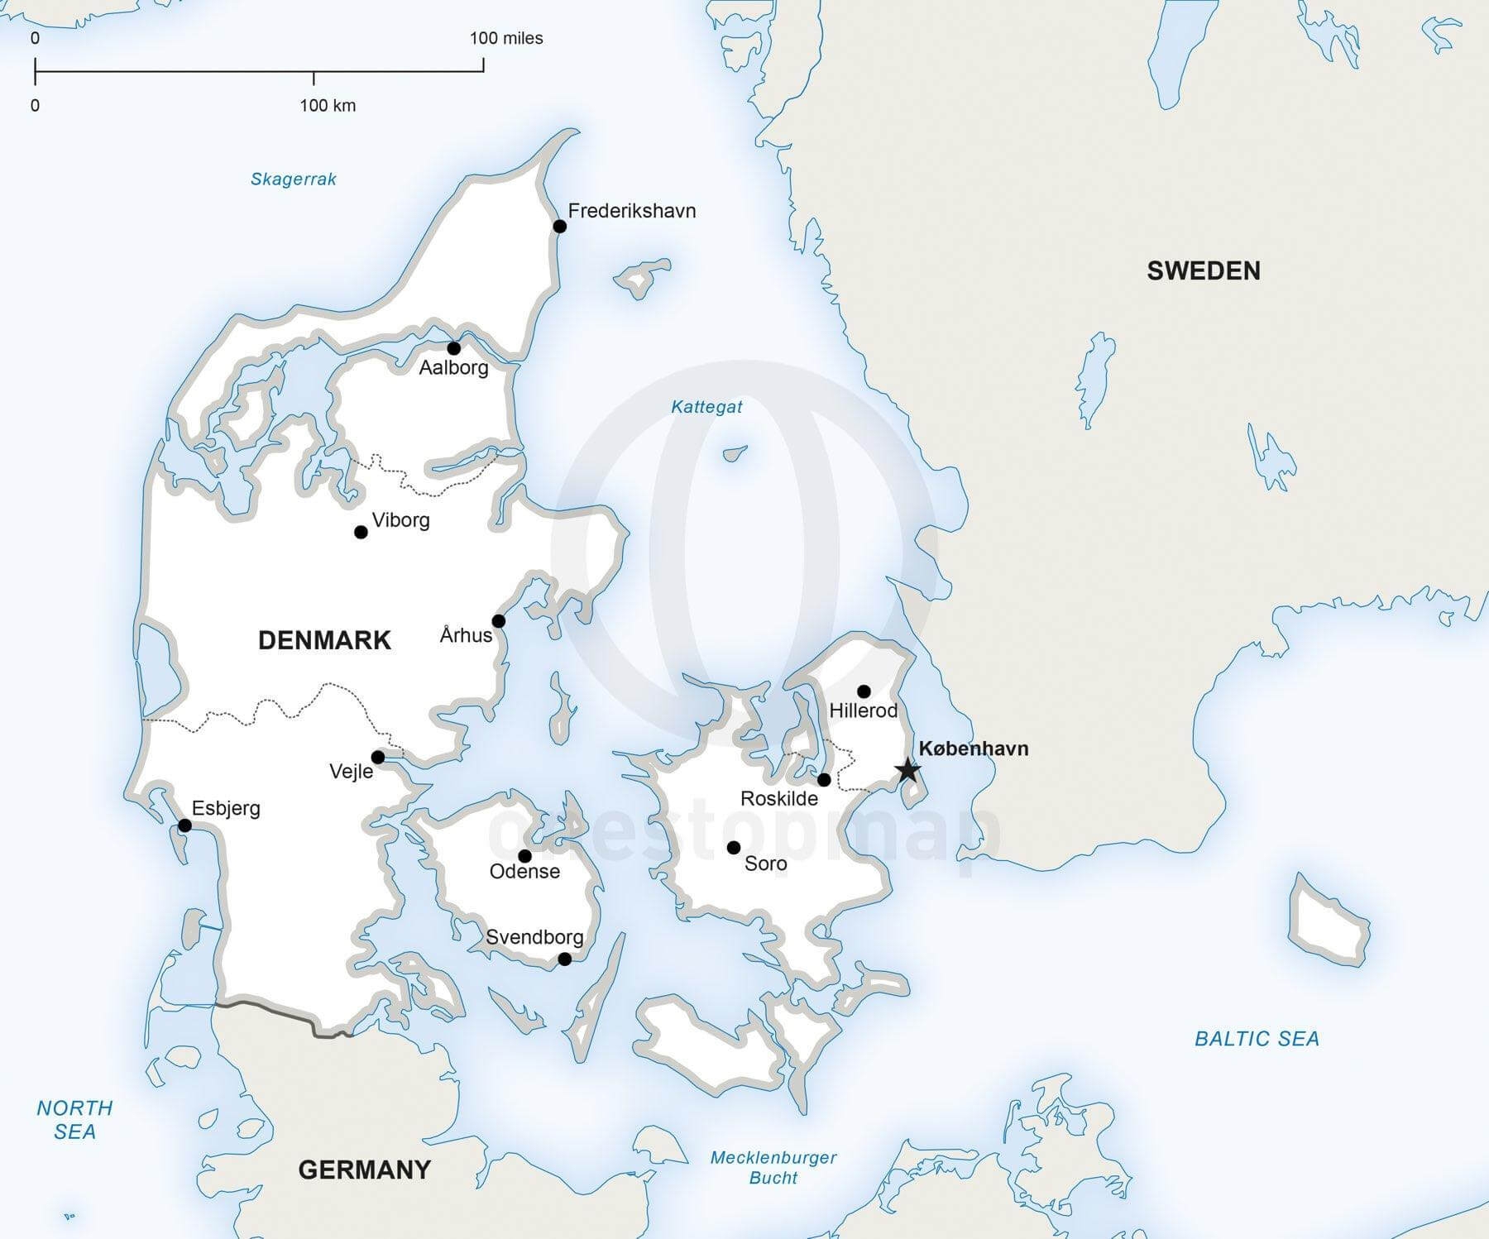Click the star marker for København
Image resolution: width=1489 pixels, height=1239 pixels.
click(907, 770)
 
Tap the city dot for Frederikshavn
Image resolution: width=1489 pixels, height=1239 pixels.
click(560, 227)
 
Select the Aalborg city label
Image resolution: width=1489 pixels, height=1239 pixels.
click(453, 367)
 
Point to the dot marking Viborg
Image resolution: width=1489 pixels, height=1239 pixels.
click(361, 532)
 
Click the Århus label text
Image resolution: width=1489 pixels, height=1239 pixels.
click(466, 635)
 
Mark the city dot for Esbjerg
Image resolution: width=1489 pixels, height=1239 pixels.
click(185, 825)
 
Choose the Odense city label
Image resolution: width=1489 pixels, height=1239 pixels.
click(524, 871)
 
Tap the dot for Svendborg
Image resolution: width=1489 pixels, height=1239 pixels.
click(564, 959)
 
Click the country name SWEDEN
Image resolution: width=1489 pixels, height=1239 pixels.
click(1203, 270)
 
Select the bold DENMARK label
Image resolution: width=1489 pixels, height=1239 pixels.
click(324, 640)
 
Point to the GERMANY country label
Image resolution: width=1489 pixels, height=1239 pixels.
click(364, 1170)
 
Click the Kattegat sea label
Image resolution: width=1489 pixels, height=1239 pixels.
click(706, 406)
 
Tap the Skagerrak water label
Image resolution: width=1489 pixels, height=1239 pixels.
click(294, 179)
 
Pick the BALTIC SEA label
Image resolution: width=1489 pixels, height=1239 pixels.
click(1257, 1039)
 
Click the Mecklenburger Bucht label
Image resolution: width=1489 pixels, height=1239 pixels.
click(773, 1167)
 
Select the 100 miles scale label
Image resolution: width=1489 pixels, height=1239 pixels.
click(506, 38)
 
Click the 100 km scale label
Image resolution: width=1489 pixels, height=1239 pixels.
click(328, 105)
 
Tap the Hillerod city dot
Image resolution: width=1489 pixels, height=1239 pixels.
click(864, 691)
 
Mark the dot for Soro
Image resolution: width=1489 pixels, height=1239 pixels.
click(734, 848)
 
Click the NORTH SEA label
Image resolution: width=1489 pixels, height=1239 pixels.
click(74, 1119)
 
